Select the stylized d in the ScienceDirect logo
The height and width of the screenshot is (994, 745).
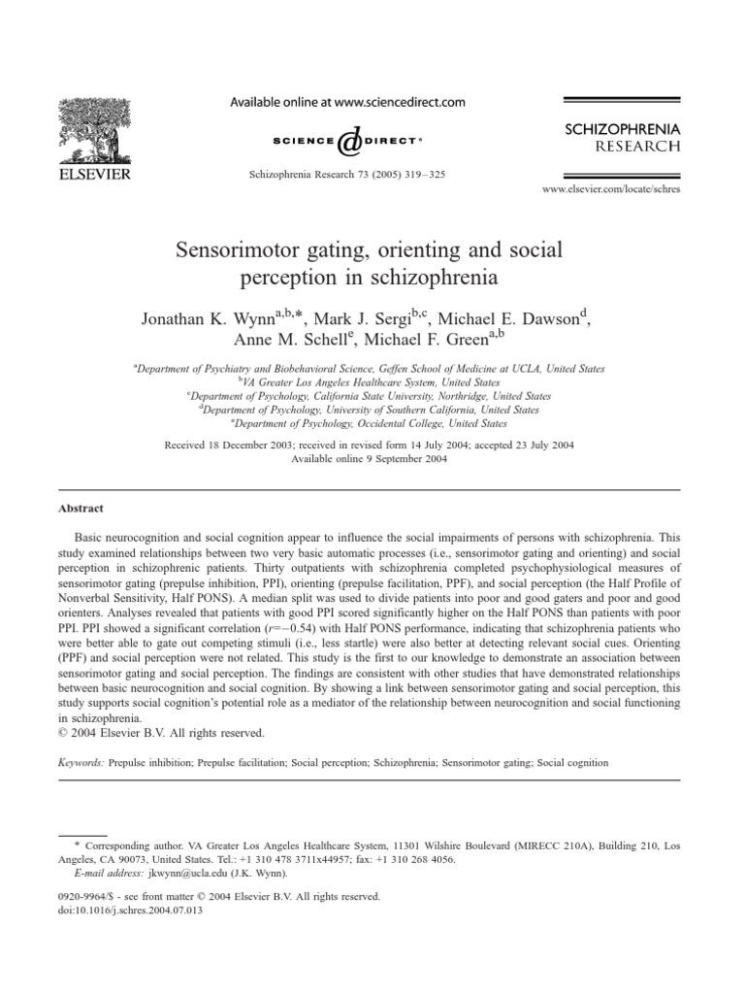348,143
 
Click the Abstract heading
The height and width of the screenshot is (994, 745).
81,508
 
